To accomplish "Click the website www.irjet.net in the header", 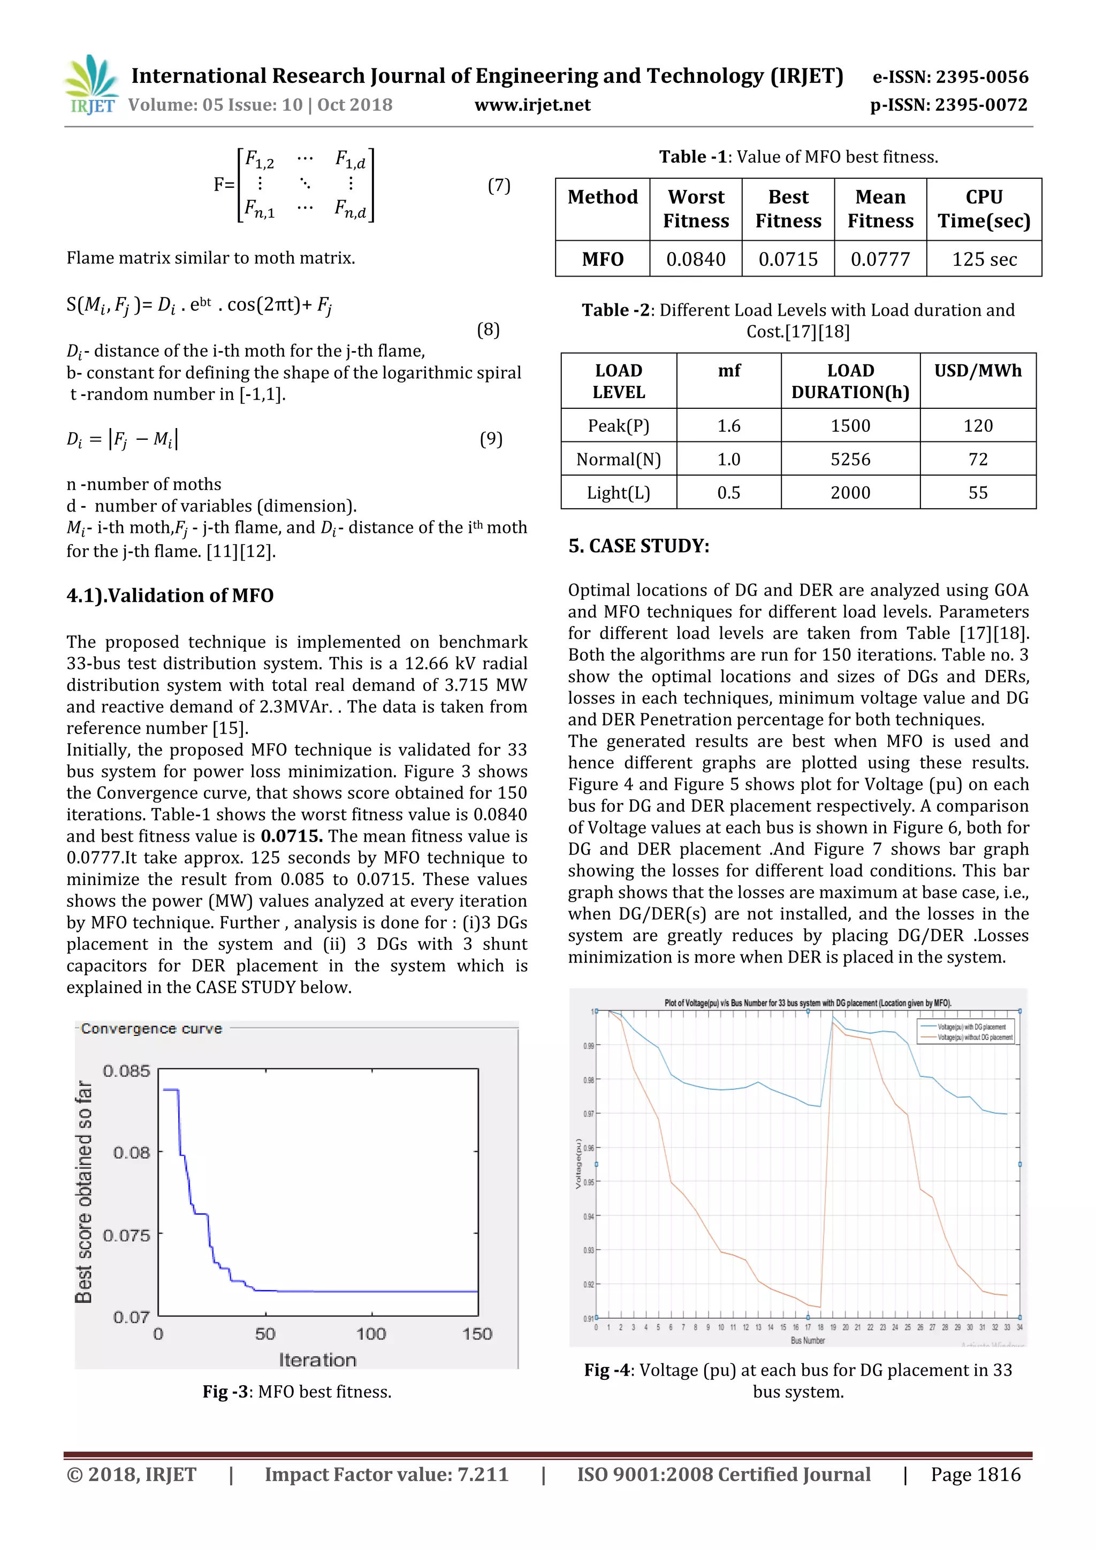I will coord(532,105).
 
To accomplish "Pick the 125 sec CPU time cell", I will coord(984,259).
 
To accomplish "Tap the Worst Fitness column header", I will coord(696,209).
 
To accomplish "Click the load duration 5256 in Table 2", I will coord(850,459).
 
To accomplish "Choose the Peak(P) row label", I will coord(618,425).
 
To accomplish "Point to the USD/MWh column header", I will coord(977,371).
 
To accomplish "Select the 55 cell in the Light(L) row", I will coord(977,493).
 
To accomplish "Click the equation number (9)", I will coord(491,439).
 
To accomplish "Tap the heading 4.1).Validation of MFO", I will coord(170,595).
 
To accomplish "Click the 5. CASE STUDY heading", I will coord(639,546).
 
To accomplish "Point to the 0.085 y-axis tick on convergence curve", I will coord(126,1071).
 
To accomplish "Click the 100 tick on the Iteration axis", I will coord(371,1334).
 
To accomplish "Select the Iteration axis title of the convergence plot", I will coord(317,1360).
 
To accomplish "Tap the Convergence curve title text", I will coord(151,1029).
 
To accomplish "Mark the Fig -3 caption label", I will coord(225,1392).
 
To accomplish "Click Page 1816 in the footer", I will coord(975,1475).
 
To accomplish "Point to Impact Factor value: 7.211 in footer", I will coord(386,1475).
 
